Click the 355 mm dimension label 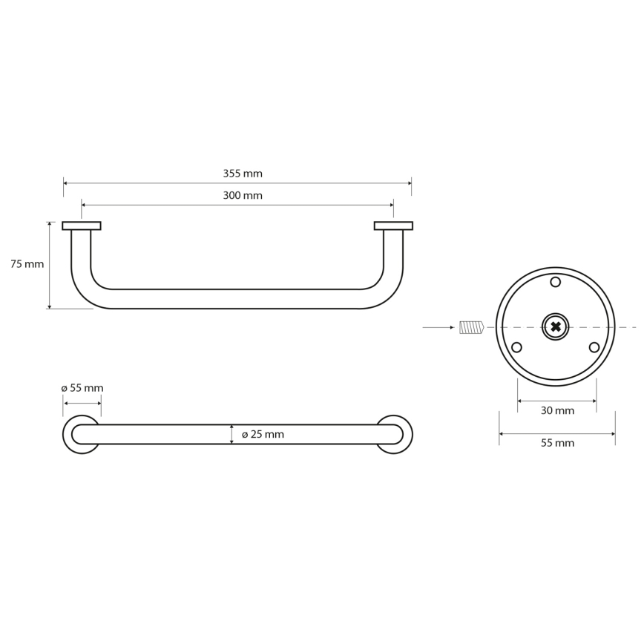(243, 174)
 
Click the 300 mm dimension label (243, 196)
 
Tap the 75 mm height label (27, 264)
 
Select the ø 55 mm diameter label (82, 388)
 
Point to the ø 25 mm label (263, 435)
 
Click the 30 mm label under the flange (556, 410)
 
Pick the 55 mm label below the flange (556, 443)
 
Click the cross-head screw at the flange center (556, 326)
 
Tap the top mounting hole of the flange (556, 282)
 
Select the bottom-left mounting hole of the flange (517, 347)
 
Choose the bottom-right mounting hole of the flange (594, 347)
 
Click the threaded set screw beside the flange (471, 327)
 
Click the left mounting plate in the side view (82, 226)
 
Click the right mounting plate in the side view (393, 226)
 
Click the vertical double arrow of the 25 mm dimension (232, 435)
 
